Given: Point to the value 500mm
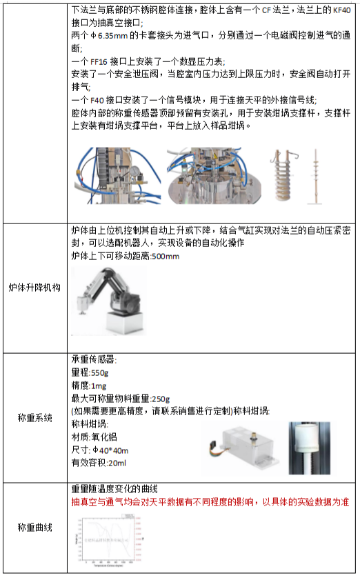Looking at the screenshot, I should click(x=166, y=257).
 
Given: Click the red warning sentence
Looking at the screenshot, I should click(x=211, y=503).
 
